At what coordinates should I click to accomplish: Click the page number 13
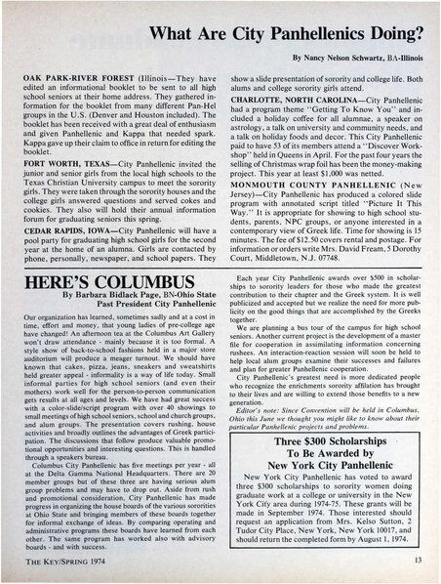417,560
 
